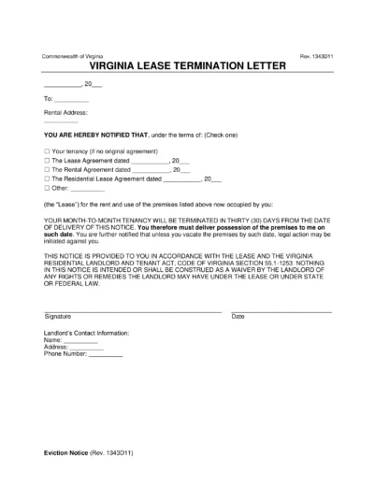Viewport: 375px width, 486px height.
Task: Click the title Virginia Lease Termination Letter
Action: [187, 68]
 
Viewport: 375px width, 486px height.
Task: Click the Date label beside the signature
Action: [238, 317]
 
